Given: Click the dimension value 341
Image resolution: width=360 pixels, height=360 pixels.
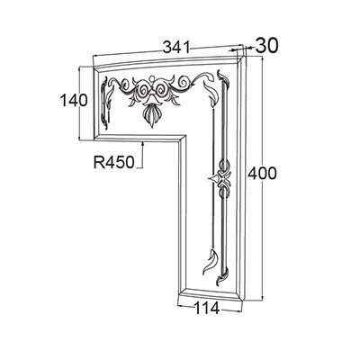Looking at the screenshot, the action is pos(176,48).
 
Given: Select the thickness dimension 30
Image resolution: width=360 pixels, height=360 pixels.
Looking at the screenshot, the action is pos(266,46).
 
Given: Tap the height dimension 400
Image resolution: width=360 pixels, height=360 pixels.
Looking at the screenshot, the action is pos(262,174).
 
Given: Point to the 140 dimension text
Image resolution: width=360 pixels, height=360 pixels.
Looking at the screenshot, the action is pos(74,100).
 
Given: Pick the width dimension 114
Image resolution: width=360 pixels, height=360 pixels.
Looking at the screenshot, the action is pos(207,308).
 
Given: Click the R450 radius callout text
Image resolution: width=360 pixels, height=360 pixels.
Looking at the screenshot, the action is pos(114,163).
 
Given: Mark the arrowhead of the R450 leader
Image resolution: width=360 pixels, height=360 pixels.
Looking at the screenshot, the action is pos(143,144).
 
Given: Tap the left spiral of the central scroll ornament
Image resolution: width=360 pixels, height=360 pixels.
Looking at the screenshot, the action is pos(143,89).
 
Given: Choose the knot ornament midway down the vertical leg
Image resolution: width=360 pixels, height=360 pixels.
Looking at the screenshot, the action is pos(221,178).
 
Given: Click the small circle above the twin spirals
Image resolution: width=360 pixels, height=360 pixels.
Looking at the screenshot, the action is pos(152,79).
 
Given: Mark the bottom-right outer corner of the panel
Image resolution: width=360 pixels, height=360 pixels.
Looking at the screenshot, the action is pos(244,300).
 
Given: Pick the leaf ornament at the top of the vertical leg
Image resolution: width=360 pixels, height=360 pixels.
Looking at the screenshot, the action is pos(211,93).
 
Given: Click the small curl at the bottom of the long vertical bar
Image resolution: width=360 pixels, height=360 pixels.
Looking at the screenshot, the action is pos(221,276).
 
